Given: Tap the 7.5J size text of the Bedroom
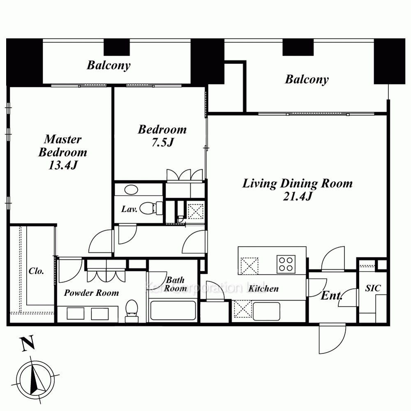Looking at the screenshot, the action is click(163, 142).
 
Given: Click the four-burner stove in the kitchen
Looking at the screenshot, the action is click(286, 264).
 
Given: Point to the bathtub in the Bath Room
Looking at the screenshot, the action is click(173, 311).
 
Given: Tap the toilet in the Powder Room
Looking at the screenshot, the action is click(132, 311).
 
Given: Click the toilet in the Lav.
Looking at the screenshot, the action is click(151, 208).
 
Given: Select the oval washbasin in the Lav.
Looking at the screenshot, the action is click(131, 190).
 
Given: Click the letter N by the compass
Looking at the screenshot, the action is click(28, 343).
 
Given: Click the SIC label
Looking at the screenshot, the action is click(373, 289).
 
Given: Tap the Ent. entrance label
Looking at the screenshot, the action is click(331, 296).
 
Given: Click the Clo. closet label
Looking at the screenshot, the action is click(36, 271).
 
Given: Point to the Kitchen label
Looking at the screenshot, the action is click(263, 289).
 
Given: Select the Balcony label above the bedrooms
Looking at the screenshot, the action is click(109, 65).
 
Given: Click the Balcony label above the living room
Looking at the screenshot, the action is click(307, 79).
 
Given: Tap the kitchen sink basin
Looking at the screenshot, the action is click(266, 311).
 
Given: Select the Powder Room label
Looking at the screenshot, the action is click(92, 293).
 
